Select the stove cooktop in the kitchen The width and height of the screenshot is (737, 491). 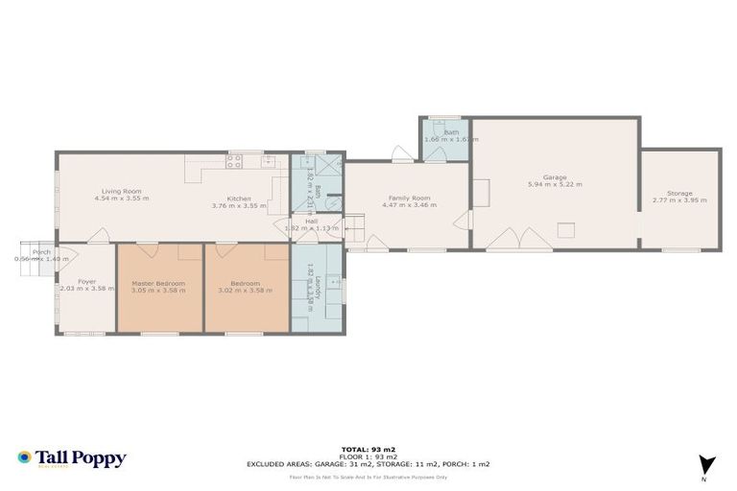pyautogui.click(x=233, y=162)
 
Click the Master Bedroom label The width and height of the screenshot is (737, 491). pyautogui.click(x=158, y=283)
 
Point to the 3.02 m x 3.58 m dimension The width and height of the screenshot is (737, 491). pyautogui.click(x=247, y=290)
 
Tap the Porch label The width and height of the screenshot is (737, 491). pyautogui.click(x=41, y=252)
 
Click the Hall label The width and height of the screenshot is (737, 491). pyautogui.click(x=312, y=222)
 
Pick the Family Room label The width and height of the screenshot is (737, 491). pyautogui.click(x=409, y=198)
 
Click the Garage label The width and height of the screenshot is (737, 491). pyautogui.click(x=554, y=176)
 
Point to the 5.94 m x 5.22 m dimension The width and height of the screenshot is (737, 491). pyautogui.click(x=554, y=184)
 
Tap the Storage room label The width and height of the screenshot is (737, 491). pyautogui.click(x=679, y=193)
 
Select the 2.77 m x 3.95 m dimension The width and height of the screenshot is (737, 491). pyautogui.click(x=679, y=200)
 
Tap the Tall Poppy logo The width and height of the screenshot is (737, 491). pyautogui.click(x=71, y=458)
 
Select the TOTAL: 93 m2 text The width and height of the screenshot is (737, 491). pyautogui.click(x=368, y=449)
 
